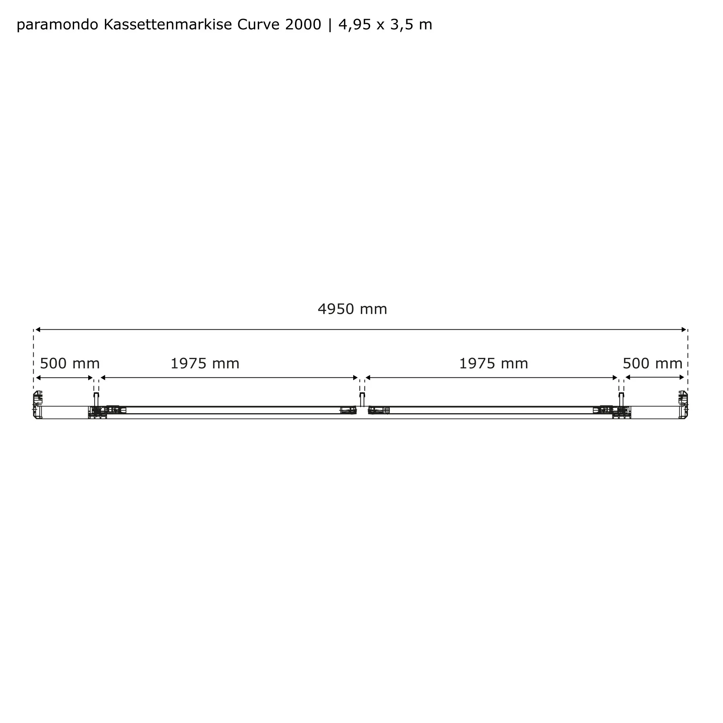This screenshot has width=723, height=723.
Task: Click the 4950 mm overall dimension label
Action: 352,309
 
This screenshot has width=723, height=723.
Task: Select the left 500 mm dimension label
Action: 70,363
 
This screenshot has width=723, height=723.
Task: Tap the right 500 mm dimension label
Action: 653,363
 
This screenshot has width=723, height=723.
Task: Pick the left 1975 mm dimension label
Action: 205,363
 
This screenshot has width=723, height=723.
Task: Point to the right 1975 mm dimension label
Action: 493,363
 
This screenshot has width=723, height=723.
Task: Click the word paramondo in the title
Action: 57,25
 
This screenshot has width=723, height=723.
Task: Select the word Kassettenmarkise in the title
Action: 168,25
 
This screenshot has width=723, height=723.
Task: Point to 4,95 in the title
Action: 355,25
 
